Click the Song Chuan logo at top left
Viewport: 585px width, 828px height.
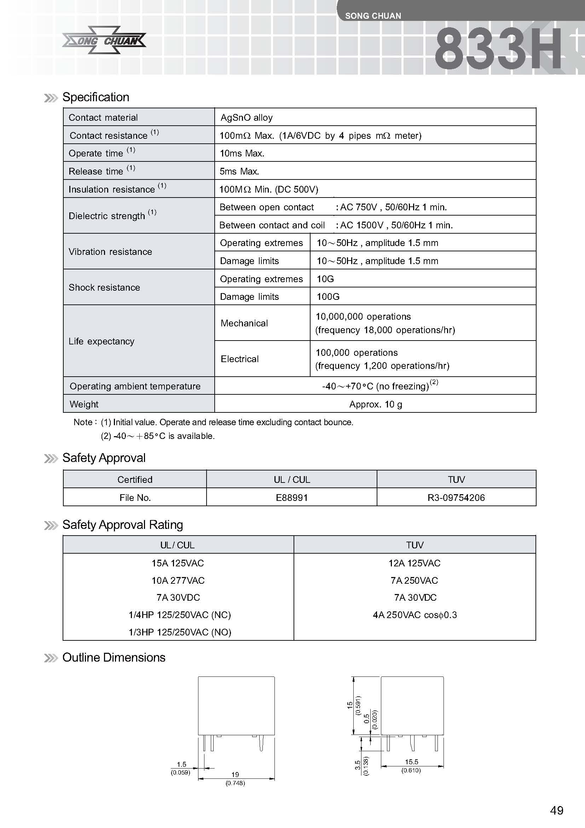click(104, 40)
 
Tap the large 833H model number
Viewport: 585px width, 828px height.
click(498, 50)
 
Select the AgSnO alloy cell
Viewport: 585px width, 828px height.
click(247, 118)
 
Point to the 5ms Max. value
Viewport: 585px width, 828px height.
click(239, 171)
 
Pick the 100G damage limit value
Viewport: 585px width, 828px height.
click(328, 297)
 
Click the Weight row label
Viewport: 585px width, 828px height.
click(84, 404)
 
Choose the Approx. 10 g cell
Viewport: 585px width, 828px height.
click(375, 404)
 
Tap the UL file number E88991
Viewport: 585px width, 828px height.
click(292, 498)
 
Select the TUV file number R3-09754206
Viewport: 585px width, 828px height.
click(456, 498)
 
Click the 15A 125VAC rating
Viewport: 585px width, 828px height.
click(178, 563)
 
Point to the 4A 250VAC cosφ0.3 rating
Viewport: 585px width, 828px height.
click(415, 615)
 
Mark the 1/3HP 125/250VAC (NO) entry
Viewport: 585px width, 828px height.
click(180, 632)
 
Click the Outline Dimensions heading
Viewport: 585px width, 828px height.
click(114, 657)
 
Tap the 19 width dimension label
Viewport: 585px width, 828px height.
click(235, 775)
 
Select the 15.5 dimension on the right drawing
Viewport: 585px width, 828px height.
click(411, 762)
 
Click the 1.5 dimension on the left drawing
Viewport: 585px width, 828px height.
click(181, 765)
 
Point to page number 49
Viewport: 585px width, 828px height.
click(557, 811)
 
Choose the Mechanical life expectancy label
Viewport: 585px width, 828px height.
click(244, 323)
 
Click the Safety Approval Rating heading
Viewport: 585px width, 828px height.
click(122, 525)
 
